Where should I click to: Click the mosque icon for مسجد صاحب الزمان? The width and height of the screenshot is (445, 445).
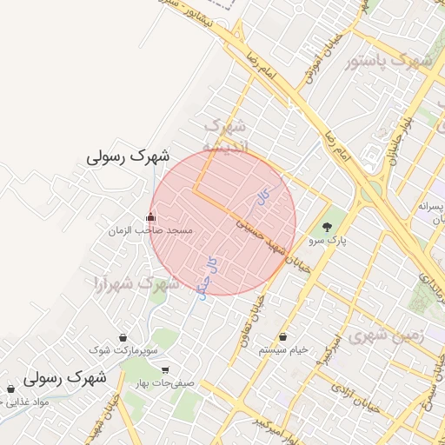pos(151,217)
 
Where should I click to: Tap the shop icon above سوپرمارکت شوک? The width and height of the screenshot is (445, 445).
pos(122,337)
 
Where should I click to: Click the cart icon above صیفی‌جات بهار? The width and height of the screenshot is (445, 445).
pos(165,369)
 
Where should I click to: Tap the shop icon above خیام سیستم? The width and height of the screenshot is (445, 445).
pos(283,336)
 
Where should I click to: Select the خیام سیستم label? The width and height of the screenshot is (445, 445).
pos(283,349)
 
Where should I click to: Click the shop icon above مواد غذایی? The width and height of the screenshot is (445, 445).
pos(10,389)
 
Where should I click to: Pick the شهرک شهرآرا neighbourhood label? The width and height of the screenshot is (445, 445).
pos(135,283)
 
